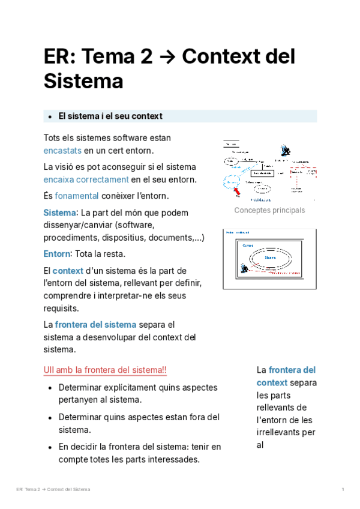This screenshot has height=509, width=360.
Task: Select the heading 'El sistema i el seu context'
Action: tap(110, 116)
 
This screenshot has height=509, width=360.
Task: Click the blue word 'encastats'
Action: tap(62, 150)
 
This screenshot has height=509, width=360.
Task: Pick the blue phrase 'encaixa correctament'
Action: tap(86, 179)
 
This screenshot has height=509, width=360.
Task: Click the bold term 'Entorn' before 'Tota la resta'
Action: tap(56, 253)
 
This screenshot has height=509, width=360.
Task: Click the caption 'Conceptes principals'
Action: tap(269, 210)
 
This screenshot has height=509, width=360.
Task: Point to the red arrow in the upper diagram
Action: tap(238, 190)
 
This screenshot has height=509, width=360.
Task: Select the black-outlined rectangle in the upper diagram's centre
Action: tap(262, 173)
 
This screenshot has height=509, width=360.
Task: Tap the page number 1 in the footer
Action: tap(342, 490)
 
